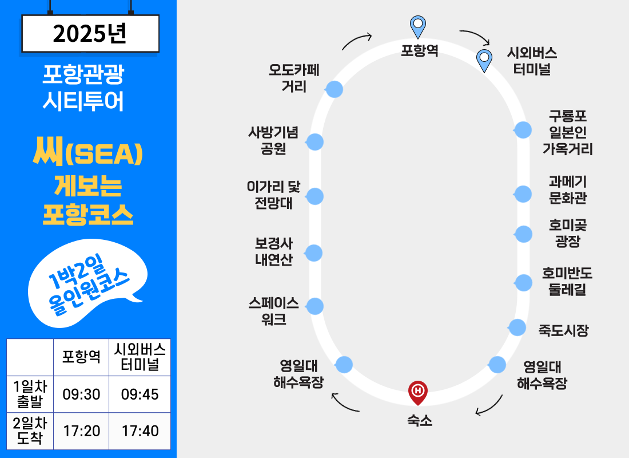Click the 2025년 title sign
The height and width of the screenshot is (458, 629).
coord(90,34)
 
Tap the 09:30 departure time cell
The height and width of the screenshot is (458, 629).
coord(81,394)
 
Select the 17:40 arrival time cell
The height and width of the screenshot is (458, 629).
coord(140,431)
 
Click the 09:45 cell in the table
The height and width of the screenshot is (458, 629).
coord(140,394)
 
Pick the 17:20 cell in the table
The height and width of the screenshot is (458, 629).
coord(81,431)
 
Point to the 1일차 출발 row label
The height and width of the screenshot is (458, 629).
coord(30,394)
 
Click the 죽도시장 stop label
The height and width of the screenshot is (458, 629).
coord(563,330)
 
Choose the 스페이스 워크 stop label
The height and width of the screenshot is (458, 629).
coord(273,311)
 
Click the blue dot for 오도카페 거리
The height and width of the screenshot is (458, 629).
coord(334,89)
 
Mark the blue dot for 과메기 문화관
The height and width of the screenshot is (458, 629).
coord(523,194)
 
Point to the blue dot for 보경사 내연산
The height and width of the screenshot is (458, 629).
coord(314,253)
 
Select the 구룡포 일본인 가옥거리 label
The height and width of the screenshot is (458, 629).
coord(567,133)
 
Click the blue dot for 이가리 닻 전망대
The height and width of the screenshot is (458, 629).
coord(314,196)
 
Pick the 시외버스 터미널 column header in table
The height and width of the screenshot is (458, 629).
coord(140,357)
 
